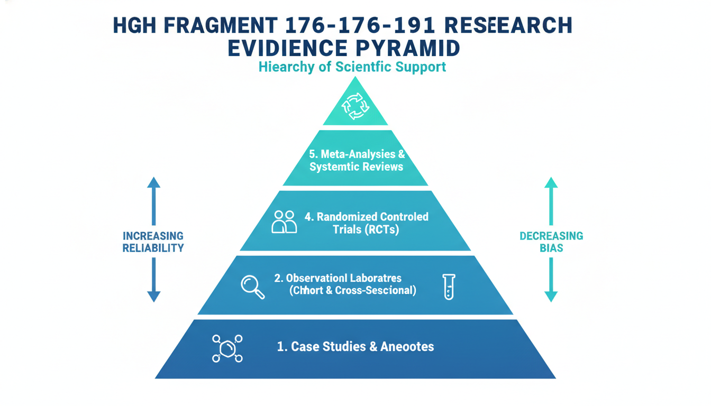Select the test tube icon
tap(449, 287)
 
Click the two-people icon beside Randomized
tap(284, 222)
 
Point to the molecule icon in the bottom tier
tap(227, 348)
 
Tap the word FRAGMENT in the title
tap(218, 26)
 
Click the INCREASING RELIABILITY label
tap(153, 242)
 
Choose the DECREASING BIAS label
tap(551, 242)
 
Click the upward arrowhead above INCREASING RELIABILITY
tap(153, 183)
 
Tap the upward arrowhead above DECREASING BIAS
tap(551, 183)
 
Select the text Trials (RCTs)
tap(366, 229)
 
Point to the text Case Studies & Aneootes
tap(355, 347)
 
